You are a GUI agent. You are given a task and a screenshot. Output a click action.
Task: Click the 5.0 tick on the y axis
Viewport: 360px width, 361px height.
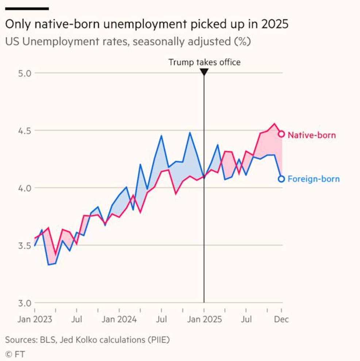(x=25, y=73)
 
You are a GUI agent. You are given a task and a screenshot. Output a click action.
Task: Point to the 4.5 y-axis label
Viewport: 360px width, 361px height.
(x=25, y=131)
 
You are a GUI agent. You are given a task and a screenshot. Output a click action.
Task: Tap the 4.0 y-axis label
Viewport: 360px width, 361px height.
(x=25, y=188)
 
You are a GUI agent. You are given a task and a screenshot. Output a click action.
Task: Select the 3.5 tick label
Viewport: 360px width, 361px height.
(x=25, y=245)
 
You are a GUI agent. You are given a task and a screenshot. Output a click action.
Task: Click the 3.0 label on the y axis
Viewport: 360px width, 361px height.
(x=25, y=303)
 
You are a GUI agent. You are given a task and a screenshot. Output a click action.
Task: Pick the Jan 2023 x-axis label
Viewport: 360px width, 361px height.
(x=35, y=320)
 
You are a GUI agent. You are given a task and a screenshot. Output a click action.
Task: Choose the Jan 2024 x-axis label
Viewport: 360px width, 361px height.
(x=119, y=320)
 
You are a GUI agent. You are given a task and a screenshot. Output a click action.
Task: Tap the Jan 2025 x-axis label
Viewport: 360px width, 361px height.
(x=204, y=320)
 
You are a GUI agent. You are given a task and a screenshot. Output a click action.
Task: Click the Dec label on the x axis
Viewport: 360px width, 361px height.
(x=282, y=320)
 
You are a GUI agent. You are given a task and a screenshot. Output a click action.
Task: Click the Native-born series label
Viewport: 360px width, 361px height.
(x=311, y=135)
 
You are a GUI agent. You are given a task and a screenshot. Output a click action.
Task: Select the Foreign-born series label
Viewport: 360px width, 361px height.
(x=314, y=179)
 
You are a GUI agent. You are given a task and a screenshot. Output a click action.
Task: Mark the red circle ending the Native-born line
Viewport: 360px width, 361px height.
(x=282, y=134)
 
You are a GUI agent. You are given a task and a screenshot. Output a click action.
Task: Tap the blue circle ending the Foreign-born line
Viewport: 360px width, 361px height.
(x=281, y=179)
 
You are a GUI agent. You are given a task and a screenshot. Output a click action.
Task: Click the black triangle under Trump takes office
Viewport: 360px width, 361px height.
(x=204, y=72)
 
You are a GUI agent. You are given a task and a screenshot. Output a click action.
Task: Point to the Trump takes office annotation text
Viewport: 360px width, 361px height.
(x=204, y=62)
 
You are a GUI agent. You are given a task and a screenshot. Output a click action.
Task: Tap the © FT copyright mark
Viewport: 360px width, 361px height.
(x=15, y=354)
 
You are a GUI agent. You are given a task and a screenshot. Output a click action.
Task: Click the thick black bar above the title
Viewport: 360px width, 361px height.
(x=27, y=8)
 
